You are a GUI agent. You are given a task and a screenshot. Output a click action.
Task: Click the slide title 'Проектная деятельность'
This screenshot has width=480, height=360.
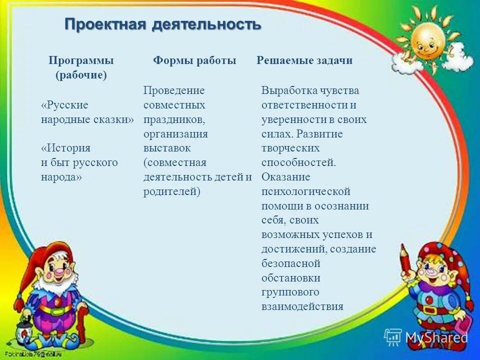(x=163, y=23)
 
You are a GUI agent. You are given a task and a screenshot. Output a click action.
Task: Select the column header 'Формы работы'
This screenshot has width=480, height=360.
(x=194, y=60)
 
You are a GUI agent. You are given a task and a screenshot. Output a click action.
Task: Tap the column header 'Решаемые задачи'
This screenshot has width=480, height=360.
(x=304, y=60)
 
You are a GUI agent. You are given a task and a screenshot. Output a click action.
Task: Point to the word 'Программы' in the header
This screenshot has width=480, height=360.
(x=81, y=60)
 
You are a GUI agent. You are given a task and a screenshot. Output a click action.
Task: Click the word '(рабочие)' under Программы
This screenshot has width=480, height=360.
(x=81, y=75)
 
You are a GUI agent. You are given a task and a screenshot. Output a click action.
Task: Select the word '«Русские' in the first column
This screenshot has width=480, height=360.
(x=64, y=105)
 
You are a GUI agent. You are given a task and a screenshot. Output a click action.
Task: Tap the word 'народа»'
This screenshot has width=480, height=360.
(x=61, y=177)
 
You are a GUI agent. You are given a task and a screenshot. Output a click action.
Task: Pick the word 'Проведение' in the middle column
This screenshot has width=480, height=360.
(x=174, y=90)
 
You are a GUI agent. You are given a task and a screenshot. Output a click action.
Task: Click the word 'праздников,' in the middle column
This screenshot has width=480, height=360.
(x=174, y=119)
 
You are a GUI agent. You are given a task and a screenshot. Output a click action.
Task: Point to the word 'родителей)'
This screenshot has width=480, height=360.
(x=171, y=191)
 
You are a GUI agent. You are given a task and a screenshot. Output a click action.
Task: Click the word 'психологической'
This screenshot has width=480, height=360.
(x=305, y=191)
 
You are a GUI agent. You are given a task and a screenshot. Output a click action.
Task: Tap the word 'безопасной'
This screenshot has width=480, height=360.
(x=290, y=263)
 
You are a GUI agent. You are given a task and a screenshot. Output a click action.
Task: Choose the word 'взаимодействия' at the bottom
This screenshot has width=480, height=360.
(x=302, y=306)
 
